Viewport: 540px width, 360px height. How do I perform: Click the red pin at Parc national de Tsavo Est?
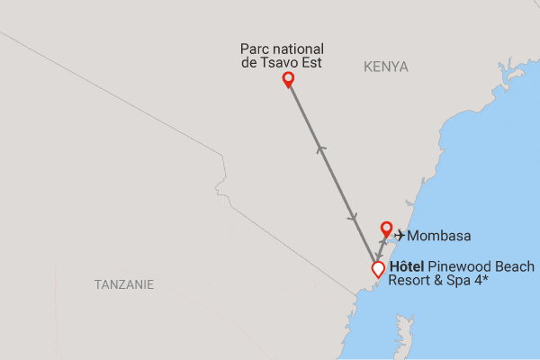click(288, 79)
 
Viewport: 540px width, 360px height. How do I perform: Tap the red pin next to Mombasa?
click(386, 229)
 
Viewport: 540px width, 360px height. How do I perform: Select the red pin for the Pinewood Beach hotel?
click(378, 268)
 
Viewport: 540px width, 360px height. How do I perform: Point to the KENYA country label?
click(386, 67)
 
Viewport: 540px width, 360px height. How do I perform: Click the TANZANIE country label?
click(124, 284)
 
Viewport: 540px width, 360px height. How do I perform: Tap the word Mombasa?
click(439, 236)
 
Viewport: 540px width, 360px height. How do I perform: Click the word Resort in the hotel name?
click(410, 280)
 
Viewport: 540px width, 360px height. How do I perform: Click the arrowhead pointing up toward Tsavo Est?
click(319, 148)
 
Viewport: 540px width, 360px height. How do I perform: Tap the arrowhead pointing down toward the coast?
click(352, 220)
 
